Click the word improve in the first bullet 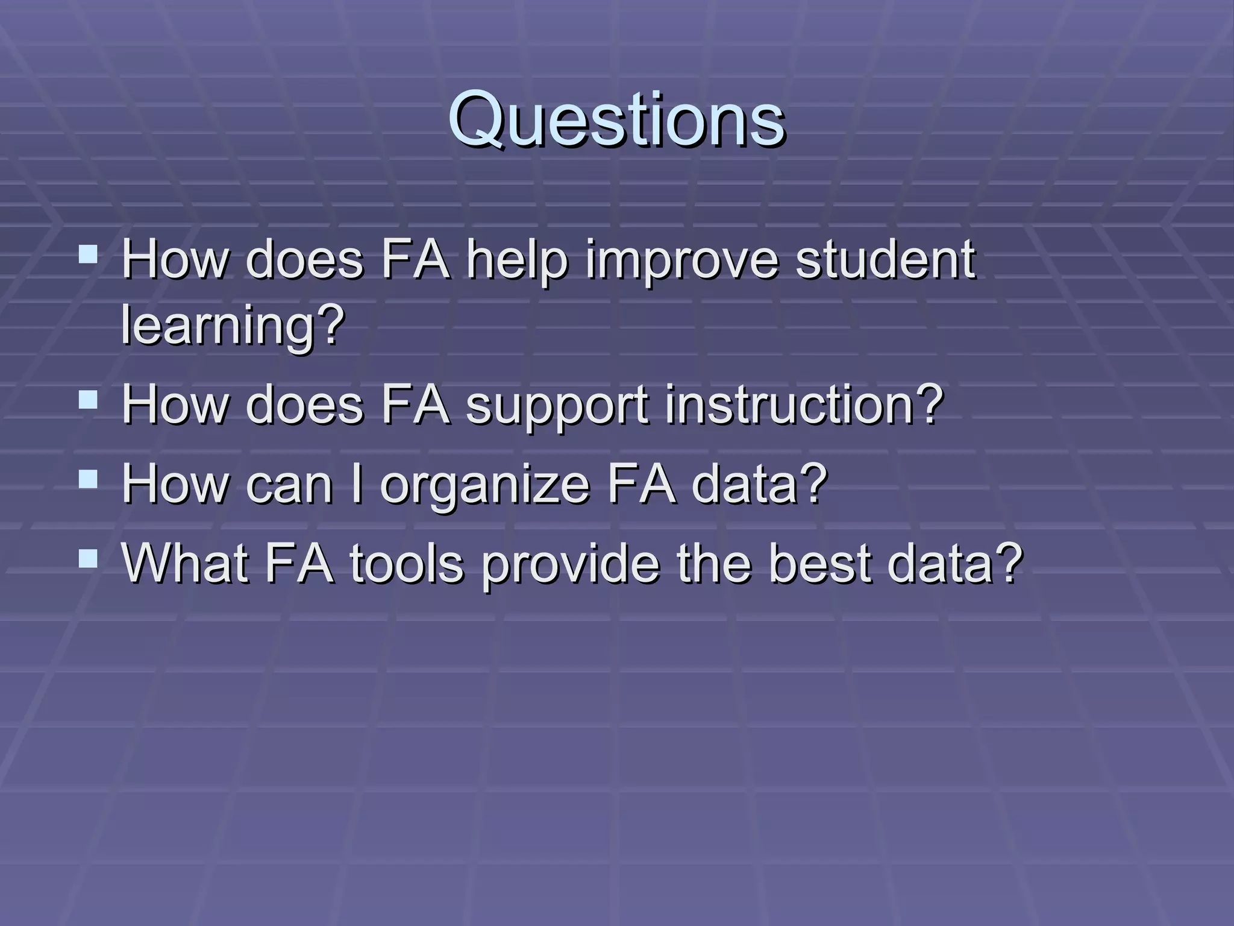tap(682, 260)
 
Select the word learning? tap(233, 326)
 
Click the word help tap(517, 260)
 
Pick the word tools tap(407, 563)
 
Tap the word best tap(819, 563)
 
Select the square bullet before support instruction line tap(88, 399)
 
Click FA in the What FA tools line tap(299, 563)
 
